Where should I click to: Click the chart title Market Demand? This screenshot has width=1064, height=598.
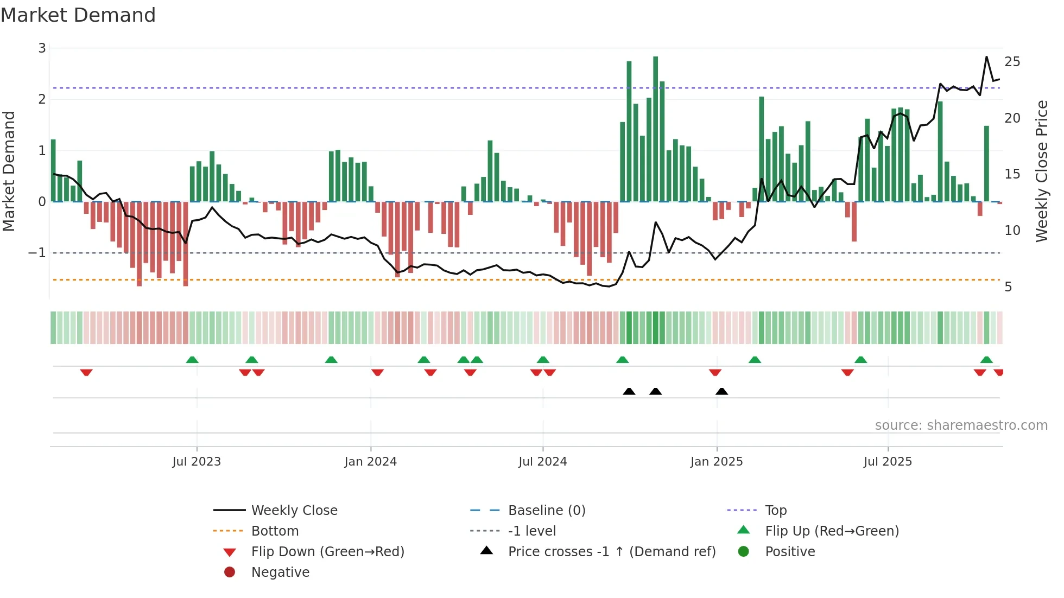click(x=78, y=15)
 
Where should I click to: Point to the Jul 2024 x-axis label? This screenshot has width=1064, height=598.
click(x=542, y=462)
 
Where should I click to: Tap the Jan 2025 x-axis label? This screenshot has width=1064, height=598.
click(x=716, y=462)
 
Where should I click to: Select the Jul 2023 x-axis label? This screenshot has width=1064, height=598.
click(x=197, y=462)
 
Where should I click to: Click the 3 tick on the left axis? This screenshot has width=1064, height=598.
click(x=42, y=48)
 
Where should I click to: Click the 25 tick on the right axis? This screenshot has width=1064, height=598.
click(x=1012, y=62)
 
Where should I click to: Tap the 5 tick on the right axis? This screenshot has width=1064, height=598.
click(x=1008, y=287)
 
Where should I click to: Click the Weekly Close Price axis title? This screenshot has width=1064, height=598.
click(x=1041, y=171)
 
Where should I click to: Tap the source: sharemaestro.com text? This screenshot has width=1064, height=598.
click(x=961, y=425)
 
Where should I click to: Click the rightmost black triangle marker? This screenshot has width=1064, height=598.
click(x=721, y=391)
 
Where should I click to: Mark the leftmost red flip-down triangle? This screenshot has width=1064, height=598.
click(x=86, y=372)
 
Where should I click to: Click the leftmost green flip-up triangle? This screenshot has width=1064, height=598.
click(x=192, y=360)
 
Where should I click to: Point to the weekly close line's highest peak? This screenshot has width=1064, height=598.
click(x=986, y=57)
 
